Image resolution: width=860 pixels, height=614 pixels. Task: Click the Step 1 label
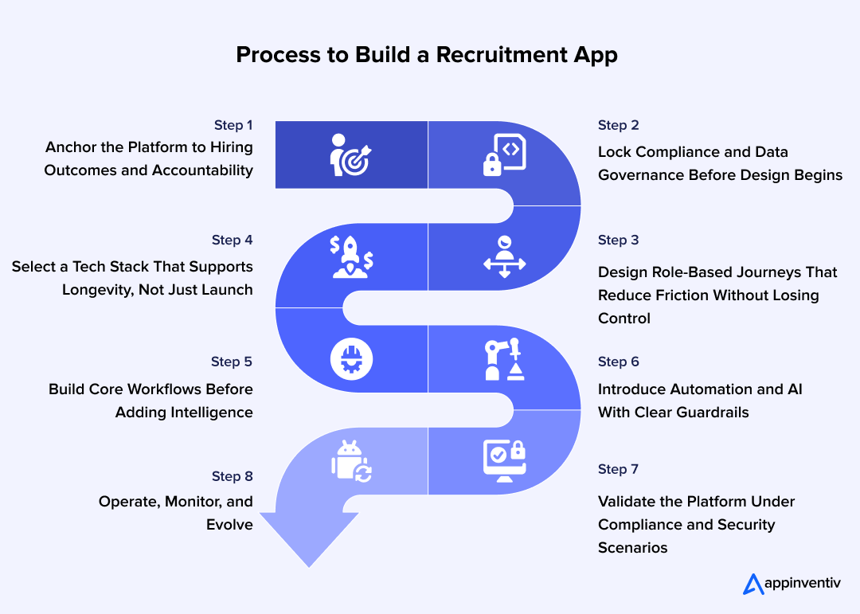tap(233, 125)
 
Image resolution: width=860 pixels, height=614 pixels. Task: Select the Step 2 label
tap(619, 125)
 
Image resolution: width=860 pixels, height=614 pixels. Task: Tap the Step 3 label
tap(619, 240)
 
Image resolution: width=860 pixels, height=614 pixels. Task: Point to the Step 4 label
tap(233, 240)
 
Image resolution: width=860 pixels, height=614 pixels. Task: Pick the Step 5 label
tap(232, 362)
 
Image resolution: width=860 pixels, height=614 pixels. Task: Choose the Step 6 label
tap(619, 362)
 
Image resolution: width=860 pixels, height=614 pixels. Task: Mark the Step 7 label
tap(619, 469)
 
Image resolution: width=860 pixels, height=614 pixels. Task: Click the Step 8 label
tap(233, 476)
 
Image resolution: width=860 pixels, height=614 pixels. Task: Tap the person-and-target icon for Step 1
tap(351, 154)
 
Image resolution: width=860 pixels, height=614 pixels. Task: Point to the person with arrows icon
tap(504, 257)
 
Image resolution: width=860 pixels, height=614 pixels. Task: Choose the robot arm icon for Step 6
tap(504, 361)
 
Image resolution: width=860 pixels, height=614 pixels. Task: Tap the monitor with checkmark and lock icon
tap(504, 460)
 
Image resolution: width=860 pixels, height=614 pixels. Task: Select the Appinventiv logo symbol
tap(752, 584)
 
